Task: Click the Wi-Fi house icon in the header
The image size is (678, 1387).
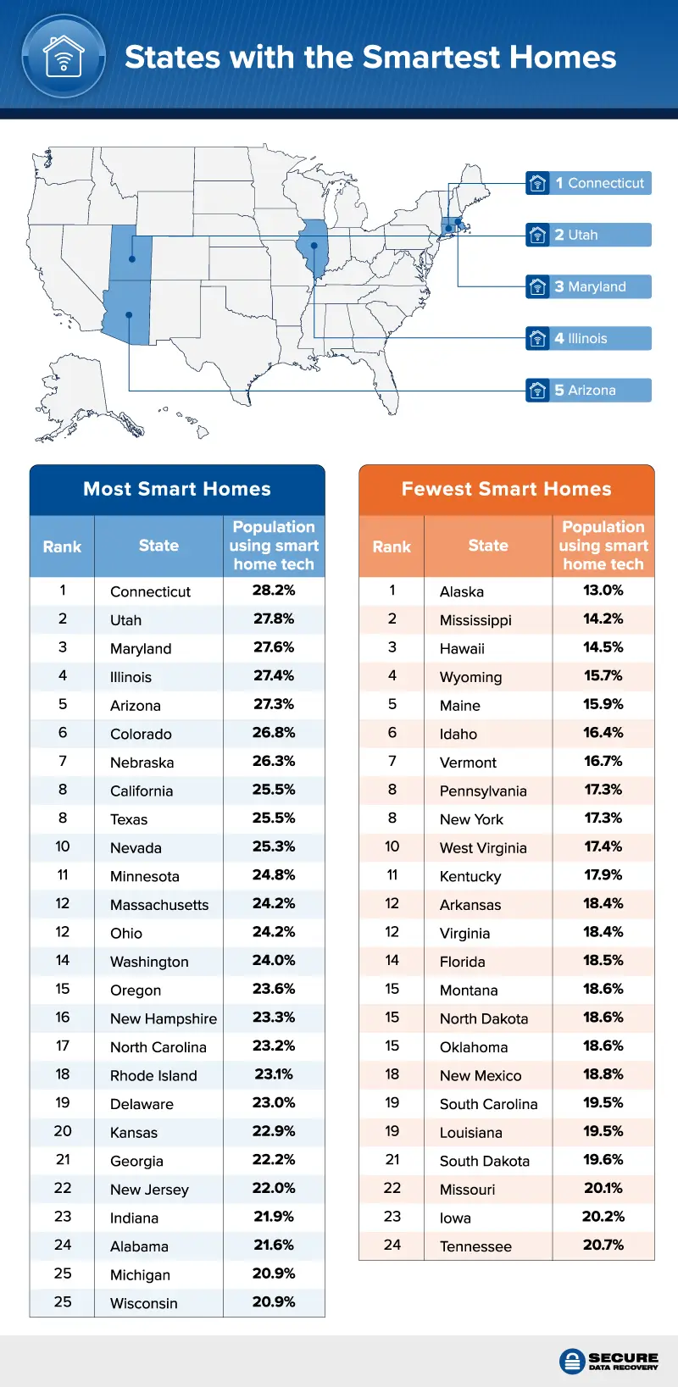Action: coord(64,57)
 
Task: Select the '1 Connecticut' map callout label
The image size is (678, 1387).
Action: coord(589,183)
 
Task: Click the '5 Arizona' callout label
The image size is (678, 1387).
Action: coord(589,390)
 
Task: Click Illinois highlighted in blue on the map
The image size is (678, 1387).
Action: coord(314,247)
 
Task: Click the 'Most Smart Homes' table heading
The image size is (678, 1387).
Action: coord(177,489)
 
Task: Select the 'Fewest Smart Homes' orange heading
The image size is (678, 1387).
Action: coord(506,489)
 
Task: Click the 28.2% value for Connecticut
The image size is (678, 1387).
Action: coord(274,591)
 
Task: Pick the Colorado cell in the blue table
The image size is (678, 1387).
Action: coord(141,734)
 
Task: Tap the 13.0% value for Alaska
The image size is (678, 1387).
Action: coord(603,591)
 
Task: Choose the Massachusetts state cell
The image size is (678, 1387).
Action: coord(159,905)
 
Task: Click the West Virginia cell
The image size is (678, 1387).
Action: coord(483,848)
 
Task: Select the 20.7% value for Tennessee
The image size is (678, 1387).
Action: coord(603,1246)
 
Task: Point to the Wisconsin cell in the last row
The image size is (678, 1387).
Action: coord(144,1303)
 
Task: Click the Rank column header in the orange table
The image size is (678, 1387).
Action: coord(392,546)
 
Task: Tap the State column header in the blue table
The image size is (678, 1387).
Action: coord(158,546)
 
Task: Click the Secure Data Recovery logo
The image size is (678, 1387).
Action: coord(609,1361)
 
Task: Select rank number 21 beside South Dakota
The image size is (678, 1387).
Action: coord(392,1160)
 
